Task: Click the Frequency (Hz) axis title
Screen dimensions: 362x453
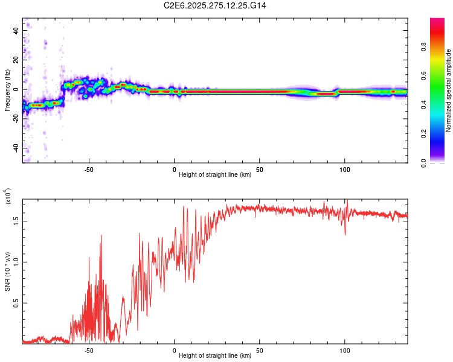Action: click(x=7, y=91)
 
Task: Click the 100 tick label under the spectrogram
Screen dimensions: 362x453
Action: click(x=345, y=170)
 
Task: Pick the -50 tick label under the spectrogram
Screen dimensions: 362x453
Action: click(x=89, y=170)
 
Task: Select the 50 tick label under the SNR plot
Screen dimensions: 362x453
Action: click(x=260, y=349)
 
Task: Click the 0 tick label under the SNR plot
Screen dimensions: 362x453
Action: click(x=175, y=349)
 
